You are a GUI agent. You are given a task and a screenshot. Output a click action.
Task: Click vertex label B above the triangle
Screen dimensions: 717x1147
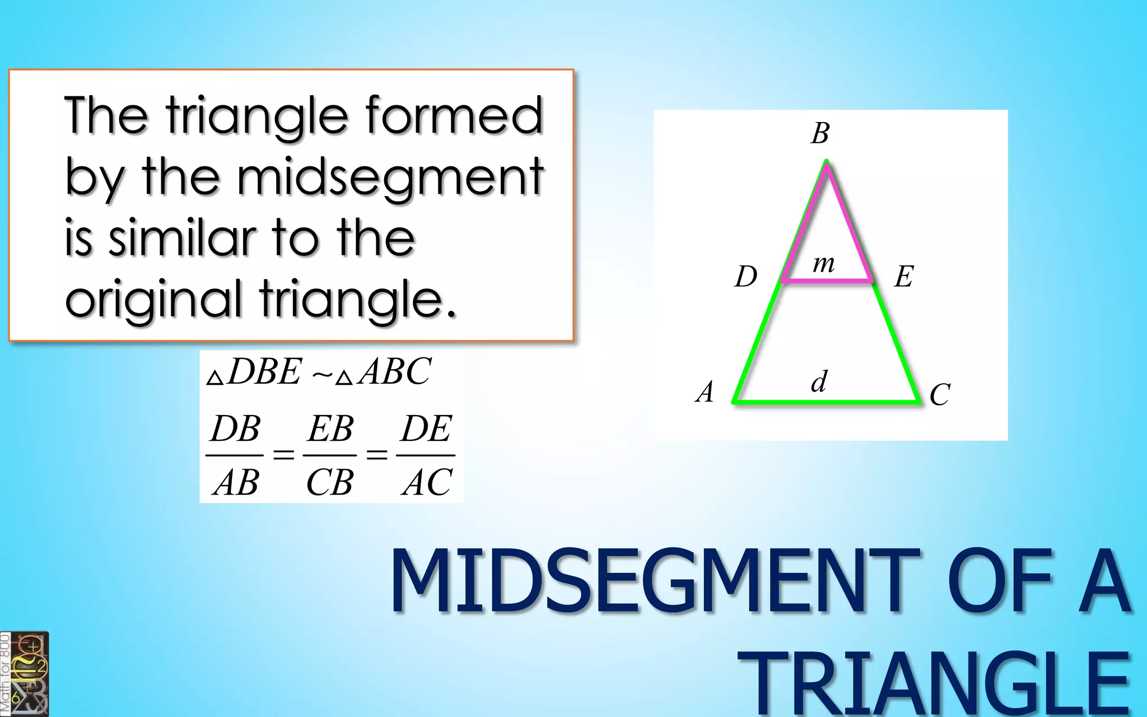pos(820,134)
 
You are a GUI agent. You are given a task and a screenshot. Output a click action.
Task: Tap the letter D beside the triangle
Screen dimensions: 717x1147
pos(746,277)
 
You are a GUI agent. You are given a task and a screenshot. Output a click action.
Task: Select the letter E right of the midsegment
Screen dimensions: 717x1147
pos(904,277)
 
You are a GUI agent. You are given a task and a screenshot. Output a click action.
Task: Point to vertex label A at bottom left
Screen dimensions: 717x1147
pos(705,392)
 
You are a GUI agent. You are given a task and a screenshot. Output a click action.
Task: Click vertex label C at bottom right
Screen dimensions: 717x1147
pos(940,395)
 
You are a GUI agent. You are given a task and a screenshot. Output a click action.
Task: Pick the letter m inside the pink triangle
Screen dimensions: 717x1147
pos(824,263)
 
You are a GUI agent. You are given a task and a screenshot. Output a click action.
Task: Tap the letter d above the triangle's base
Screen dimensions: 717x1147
pos(819,382)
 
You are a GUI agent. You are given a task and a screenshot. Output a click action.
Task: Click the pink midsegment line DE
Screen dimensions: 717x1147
pos(827,280)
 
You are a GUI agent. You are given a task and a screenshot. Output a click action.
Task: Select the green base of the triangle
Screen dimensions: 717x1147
pos(827,401)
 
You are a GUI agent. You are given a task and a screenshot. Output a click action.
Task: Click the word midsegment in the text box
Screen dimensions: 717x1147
pos(390,177)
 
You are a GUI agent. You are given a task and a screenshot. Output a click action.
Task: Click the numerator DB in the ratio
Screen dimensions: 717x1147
pos(235,429)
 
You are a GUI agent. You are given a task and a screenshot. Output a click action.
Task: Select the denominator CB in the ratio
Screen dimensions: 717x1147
pos(330,482)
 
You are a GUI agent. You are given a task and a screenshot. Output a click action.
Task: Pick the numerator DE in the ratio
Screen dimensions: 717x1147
pos(426,429)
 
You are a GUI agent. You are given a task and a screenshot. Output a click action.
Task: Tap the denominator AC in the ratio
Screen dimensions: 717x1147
pos(427,482)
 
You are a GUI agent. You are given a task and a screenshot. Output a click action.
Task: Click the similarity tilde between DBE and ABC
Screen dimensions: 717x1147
pos(323,374)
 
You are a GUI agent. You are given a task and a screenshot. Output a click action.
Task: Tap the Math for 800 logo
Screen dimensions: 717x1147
pos(25,674)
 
